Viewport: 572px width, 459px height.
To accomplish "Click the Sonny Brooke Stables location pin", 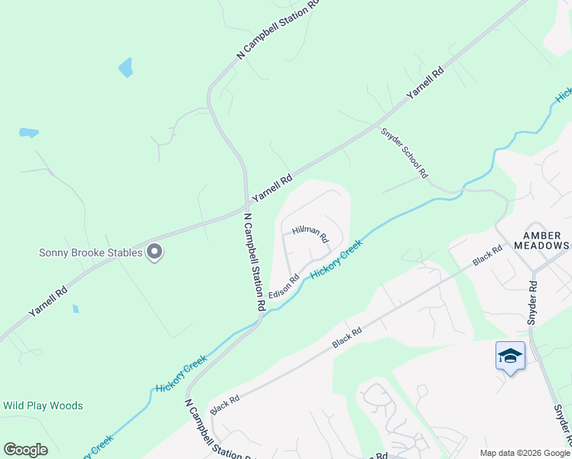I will (x=154, y=252).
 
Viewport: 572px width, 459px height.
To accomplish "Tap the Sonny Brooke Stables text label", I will (x=91, y=252).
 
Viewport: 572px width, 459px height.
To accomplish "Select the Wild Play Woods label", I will (x=43, y=405).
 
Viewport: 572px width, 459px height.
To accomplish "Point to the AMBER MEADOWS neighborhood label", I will (x=546, y=240).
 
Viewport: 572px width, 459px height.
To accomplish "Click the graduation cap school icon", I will (x=510, y=356).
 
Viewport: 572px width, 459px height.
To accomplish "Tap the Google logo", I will (x=25, y=450).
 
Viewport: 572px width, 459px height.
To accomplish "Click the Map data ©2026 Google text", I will (x=524, y=453).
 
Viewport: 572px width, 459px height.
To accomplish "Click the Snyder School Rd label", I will (x=404, y=152).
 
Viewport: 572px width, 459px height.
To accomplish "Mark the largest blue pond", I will (x=125, y=68).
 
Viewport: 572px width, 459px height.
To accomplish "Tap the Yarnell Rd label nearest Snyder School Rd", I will (x=425, y=84).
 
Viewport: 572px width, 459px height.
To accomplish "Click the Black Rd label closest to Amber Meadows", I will (x=487, y=256).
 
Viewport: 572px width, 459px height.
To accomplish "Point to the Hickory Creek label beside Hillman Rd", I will (x=336, y=259).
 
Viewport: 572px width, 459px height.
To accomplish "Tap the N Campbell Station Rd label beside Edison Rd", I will (x=255, y=261).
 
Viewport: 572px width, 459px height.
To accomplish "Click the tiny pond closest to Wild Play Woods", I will (x=75, y=309).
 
